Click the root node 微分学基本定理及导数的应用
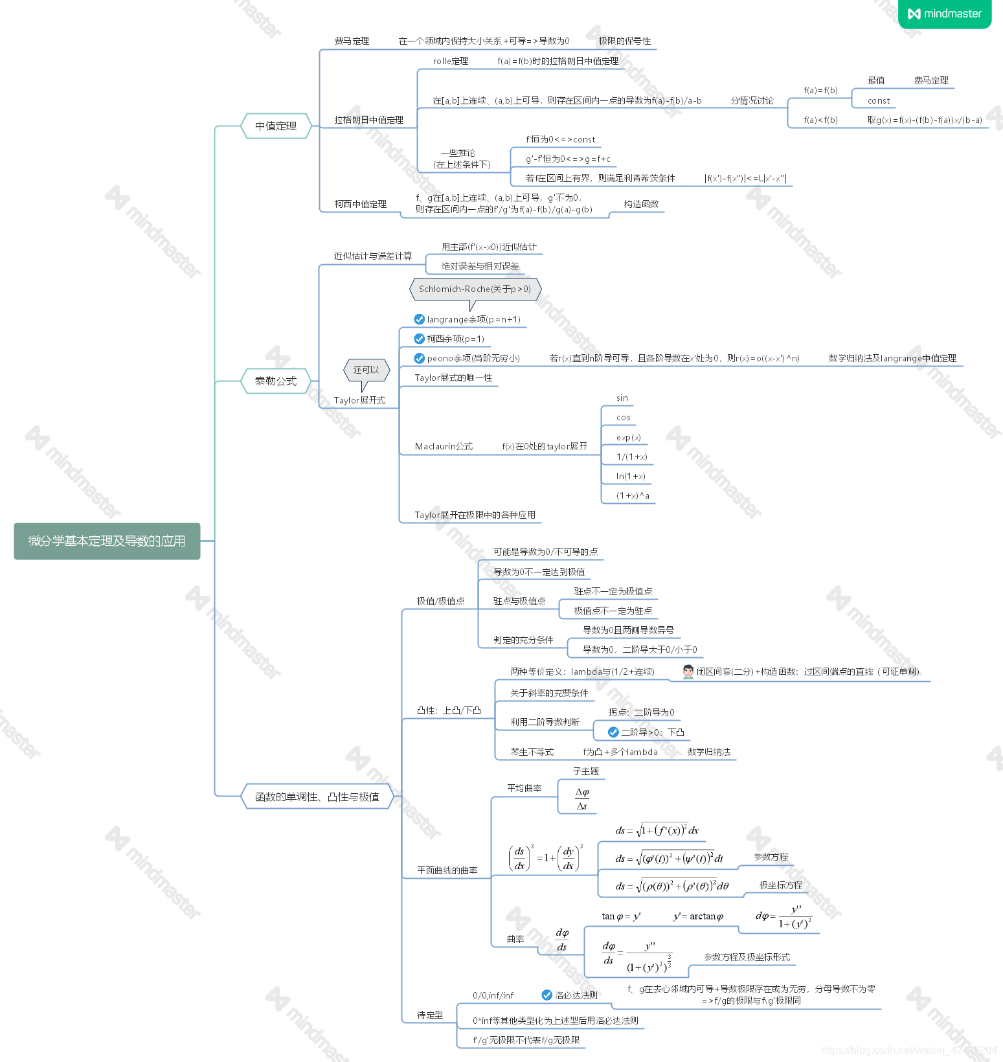(x=107, y=541)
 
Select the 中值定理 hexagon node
(x=276, y=126)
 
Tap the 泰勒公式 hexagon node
(x=276, y=381)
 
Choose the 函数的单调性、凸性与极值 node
(x=317, y=796)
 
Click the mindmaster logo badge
(x=945, y=14)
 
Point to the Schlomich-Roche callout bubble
(x=475, y=289)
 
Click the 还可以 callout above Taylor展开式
(x=366, y=370)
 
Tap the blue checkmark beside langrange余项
(x=420, y=319)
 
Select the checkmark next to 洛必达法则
(x=547, y=995)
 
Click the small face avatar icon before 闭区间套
(x=688, y=672)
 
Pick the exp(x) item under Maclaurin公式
(x=628, y=437)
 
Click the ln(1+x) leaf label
(x=631, y=476)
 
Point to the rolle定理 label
(x=451, y=61)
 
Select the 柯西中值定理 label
(x=361, y=204)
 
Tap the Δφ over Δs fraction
(x=582, y=799)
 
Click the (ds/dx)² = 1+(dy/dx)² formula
(x=546, y=858)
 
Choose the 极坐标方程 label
(x=780, y=885)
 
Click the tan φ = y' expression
(x=621, y=916)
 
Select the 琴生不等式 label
(x=532, y=752)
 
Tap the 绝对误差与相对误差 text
(x=480, y=266)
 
